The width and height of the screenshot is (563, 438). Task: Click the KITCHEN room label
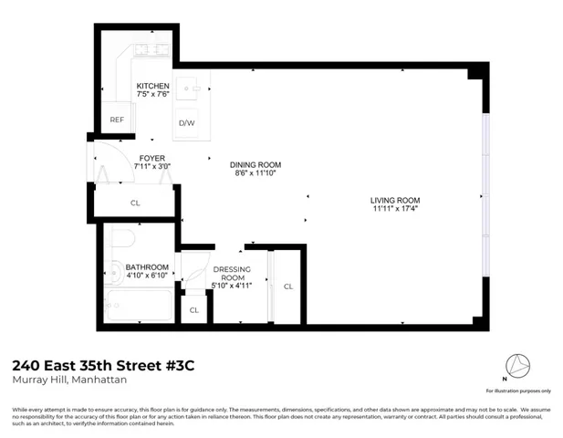tap(153, 87)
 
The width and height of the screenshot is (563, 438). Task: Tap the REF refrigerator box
tap(117, 120)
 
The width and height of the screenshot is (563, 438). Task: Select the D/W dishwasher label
tap(186, 122)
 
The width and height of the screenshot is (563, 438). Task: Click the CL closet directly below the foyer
tap(135, 203)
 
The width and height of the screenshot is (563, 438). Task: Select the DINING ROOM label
tap(255, 165)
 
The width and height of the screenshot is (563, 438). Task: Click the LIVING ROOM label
tap(394, 200)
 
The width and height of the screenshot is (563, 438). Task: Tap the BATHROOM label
tap(146, 266)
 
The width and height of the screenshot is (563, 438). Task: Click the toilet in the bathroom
tap(122, 240)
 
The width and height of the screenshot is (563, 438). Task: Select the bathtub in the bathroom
tap(137, 308)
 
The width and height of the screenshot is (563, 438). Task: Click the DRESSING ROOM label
tap(232, 274)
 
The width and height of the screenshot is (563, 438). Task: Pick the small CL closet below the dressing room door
tap(194, 310)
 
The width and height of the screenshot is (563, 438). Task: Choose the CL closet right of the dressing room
tap(288, 287)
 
